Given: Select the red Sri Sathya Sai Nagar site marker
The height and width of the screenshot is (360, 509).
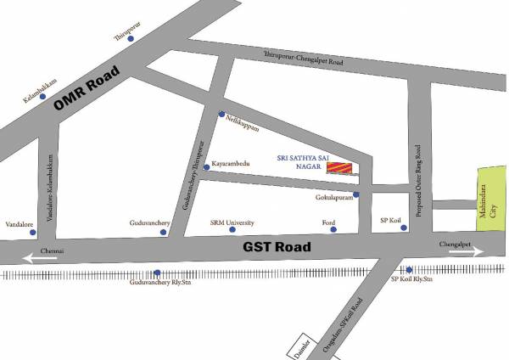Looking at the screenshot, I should coord(338,170).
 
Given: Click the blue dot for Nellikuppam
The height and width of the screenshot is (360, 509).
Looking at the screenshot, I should coord(221,115).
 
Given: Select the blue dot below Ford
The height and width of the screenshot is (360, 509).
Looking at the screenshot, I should coord(333,229).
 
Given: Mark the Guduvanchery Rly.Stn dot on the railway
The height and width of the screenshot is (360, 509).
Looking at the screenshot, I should coord(159,273).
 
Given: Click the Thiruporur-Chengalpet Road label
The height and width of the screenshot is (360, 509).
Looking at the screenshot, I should coord(305,59).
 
